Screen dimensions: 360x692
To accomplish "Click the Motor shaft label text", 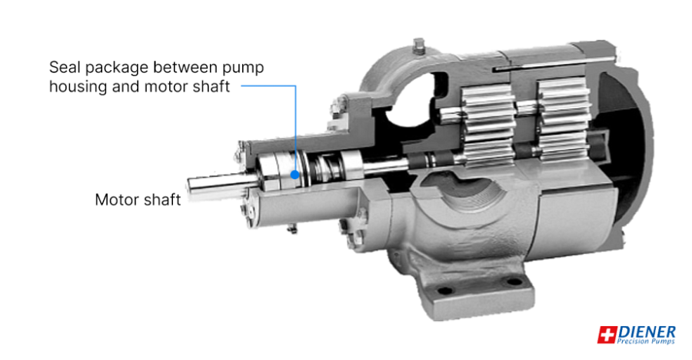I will pos(138,200).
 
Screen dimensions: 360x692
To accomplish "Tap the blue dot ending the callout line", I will pos(294,173).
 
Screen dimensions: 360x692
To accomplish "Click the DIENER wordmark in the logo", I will pos(647,331).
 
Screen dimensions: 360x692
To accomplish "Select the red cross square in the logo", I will pos(607,335).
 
